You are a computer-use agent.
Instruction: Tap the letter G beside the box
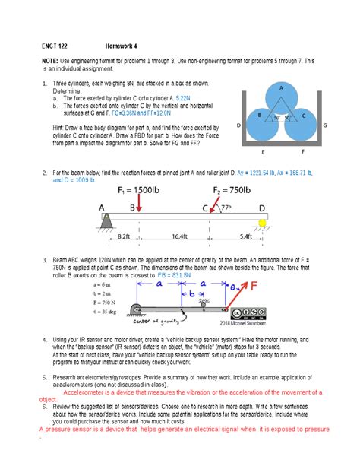click(x=325, y=125)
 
